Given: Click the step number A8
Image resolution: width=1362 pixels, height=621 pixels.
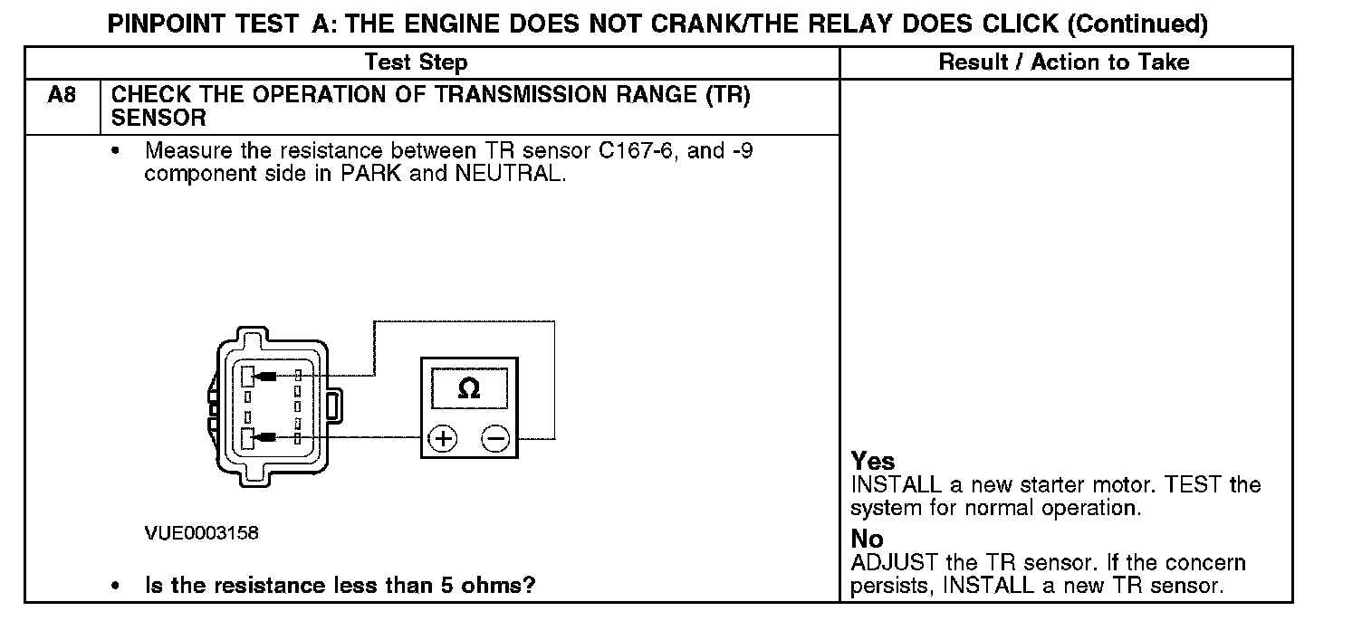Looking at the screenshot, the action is [61, 95].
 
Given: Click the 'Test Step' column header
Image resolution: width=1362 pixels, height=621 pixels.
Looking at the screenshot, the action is [416, 62].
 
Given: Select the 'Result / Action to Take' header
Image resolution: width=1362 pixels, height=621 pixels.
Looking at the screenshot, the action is [1064, 62].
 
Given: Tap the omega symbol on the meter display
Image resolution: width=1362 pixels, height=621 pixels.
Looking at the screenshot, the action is [469, 388].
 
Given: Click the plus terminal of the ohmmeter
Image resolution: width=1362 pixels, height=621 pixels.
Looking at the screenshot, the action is [443, 439].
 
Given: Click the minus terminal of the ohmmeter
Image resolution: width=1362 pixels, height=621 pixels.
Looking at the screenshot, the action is [494, 439].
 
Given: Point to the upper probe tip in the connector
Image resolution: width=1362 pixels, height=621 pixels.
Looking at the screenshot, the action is [264, 376].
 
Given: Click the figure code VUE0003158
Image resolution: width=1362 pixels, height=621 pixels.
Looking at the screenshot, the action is [201, 533].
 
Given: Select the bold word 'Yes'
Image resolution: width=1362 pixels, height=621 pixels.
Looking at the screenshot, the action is [873, 461].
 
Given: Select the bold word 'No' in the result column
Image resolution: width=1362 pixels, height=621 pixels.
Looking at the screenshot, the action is [867, 540].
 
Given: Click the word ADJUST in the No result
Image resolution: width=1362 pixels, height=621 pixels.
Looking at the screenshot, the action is [892, 563].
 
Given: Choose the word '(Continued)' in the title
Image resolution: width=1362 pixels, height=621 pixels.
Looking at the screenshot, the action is [1137, 24].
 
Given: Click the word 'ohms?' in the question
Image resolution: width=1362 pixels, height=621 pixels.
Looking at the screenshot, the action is [503, 585].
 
